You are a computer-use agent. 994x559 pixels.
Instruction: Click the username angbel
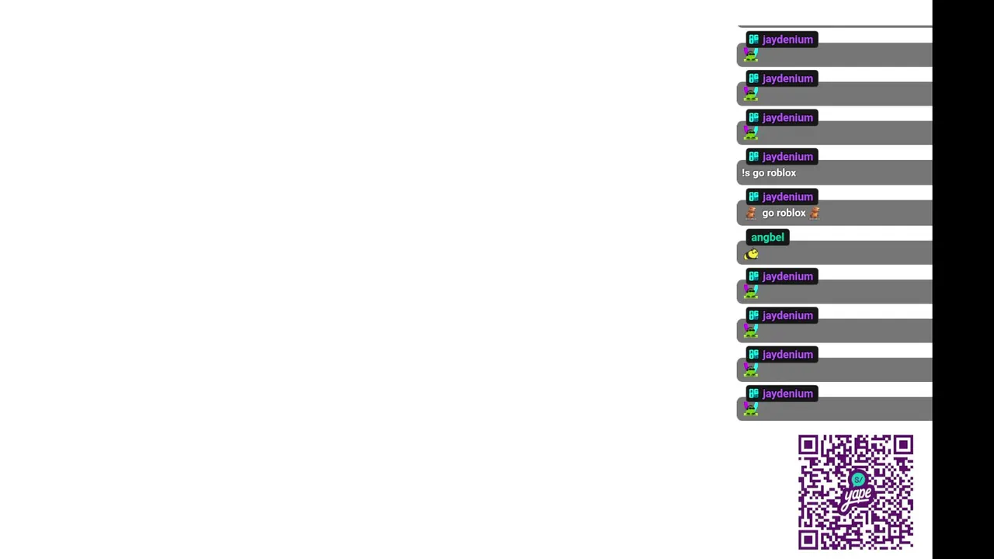[767, 238]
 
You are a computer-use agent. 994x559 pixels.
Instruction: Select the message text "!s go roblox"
[769, 173]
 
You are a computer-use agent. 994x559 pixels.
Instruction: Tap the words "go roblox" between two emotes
[784, 213]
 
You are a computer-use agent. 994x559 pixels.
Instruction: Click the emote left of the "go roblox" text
[751, 213]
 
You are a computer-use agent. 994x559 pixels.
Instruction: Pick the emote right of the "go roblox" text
[815, 213]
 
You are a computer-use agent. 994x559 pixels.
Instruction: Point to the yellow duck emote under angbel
[751, 254]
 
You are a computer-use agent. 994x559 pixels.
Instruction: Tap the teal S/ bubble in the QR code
[858, 480]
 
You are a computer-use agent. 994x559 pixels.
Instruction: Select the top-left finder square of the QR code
[808, 445]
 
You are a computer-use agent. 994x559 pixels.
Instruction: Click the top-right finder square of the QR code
[903, 445]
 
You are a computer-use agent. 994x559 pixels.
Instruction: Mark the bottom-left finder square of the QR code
[808, 540]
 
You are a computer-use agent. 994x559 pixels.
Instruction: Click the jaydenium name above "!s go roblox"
[787, 157]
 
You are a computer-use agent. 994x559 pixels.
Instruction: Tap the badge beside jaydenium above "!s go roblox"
[753, 156]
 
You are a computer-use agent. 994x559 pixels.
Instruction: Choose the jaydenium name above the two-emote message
[787, 197]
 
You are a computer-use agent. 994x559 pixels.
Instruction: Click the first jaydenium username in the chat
[787, 40]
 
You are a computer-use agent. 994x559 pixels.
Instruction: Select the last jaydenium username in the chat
[787, 394]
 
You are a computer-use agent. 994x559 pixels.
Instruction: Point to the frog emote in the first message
[751, 55]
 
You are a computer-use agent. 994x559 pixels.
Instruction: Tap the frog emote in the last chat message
[751, 409]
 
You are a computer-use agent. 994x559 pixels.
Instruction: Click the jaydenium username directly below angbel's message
[787, 277]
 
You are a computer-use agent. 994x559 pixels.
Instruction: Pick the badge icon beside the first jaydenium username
[753, 39]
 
